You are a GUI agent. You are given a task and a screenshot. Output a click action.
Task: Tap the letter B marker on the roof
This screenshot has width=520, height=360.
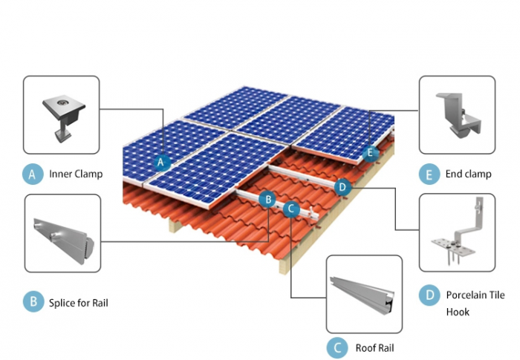tap(269, 198)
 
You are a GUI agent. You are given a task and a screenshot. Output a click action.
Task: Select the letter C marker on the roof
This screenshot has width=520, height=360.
tap(291, 209)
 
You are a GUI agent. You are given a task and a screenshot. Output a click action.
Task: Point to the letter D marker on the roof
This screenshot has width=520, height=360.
tap(342, 186)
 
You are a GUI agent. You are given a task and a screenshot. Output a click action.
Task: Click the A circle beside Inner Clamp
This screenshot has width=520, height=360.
tap(32, 174)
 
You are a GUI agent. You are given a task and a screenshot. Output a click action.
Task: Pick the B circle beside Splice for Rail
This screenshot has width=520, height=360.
tap(32, 302)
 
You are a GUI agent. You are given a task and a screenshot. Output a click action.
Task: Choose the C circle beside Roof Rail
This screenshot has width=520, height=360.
tap(337, 347)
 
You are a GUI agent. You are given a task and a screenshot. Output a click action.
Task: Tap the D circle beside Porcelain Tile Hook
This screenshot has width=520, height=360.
tap(429, 295)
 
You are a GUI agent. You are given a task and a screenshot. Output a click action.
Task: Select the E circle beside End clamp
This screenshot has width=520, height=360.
tap(428, 175)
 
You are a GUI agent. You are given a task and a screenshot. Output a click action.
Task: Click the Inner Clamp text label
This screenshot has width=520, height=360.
tap(76, 175)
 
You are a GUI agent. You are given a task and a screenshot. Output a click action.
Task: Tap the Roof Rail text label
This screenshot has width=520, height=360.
tap(375, 347)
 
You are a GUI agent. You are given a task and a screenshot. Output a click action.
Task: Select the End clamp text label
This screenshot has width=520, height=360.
tap(469, 175)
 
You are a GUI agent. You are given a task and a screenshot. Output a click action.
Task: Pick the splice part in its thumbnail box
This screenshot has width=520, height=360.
tap(62, 238)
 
